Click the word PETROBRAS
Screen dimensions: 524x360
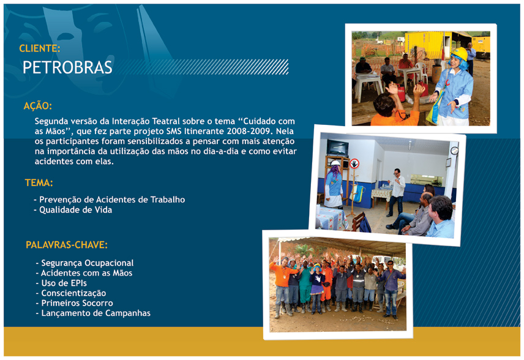67,67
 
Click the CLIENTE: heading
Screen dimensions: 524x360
39,48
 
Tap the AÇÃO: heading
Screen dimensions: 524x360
38,106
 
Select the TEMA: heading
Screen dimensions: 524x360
39,183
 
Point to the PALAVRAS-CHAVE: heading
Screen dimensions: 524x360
67,245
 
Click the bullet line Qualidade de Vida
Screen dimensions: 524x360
73,210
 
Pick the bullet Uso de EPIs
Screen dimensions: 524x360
61,283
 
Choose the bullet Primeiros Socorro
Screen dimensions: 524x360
74,303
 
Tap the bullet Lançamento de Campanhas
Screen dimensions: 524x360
93,313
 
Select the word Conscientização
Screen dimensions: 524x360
73,293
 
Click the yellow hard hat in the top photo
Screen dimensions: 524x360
460,53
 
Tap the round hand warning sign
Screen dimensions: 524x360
354,163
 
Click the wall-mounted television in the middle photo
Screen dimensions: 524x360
337,148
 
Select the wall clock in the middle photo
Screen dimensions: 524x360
454,151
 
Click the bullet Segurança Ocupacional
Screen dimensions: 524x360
84,263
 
